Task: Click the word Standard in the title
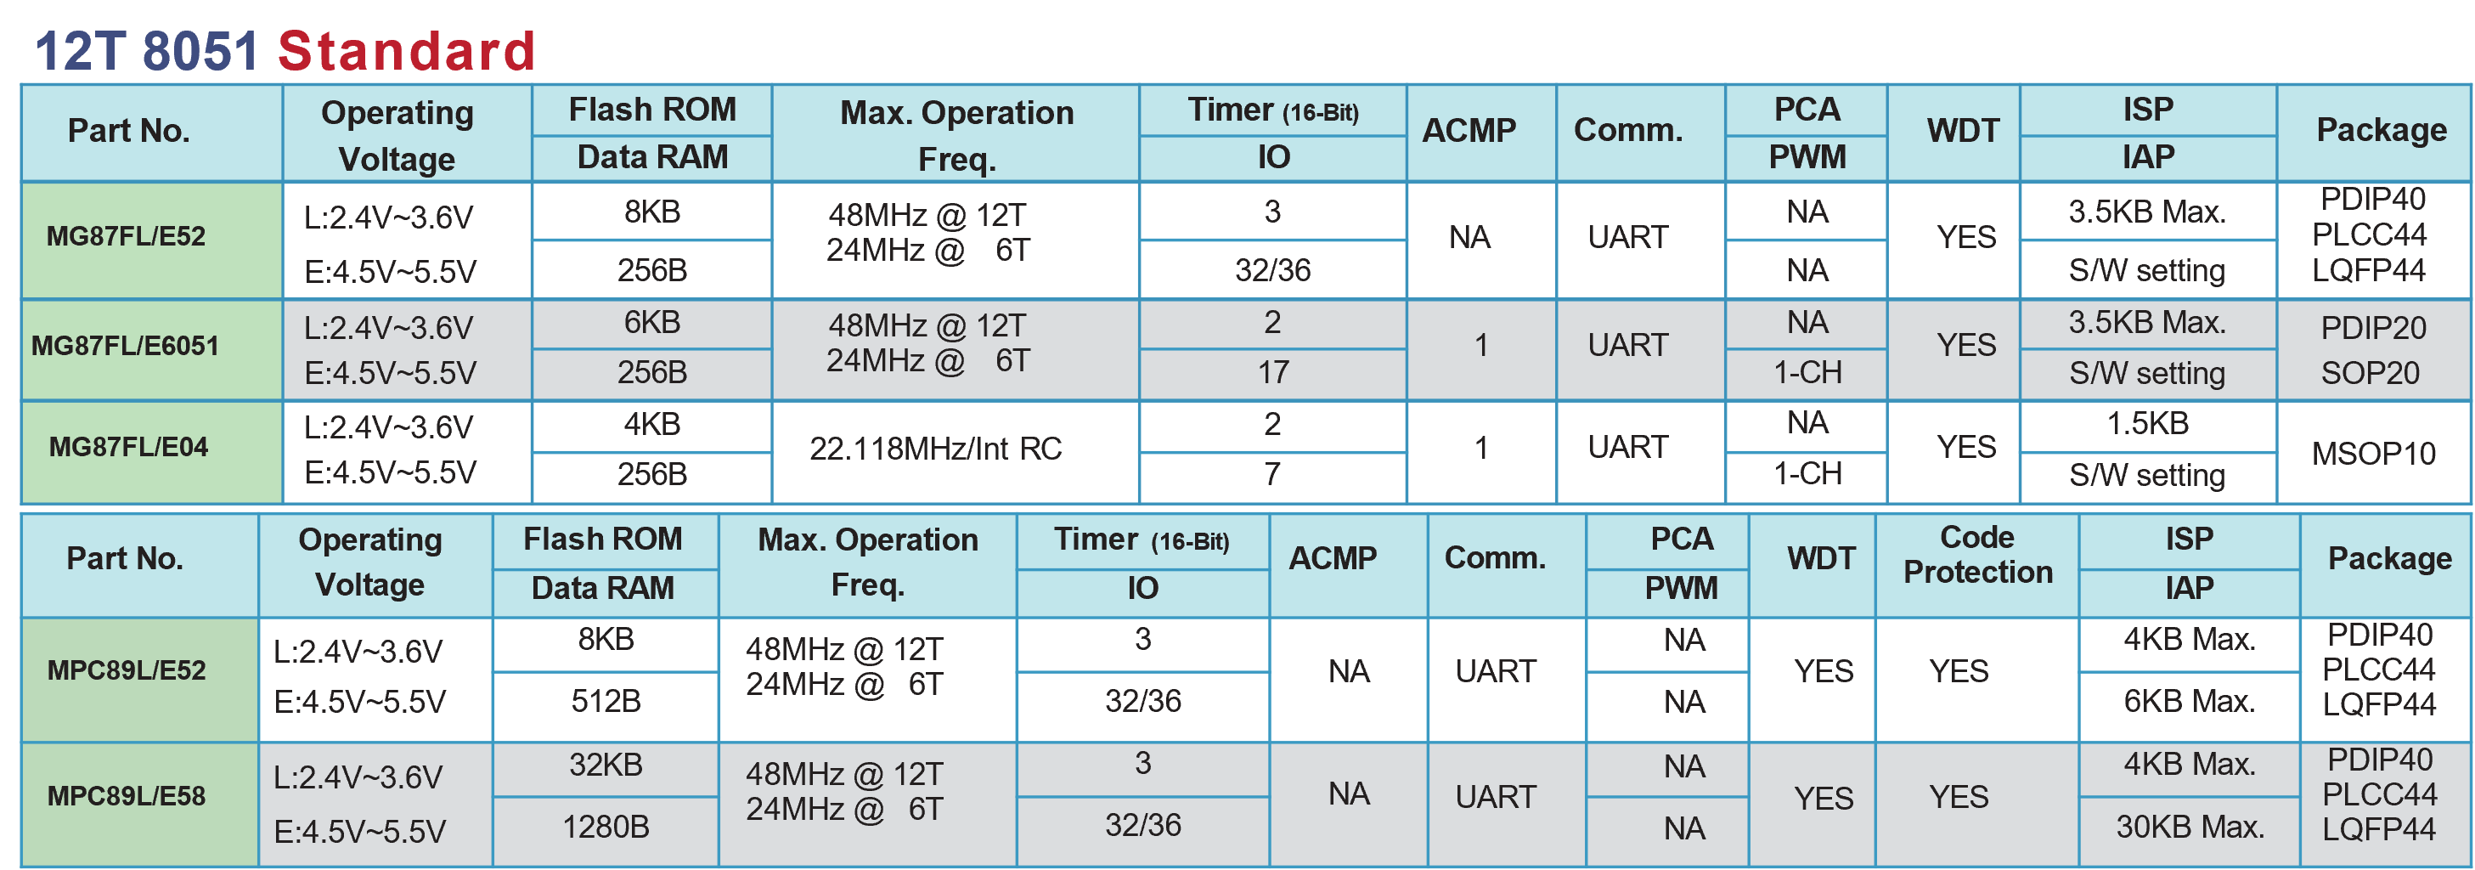(x=407, y=51)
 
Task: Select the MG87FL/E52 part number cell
(x=152, y=240)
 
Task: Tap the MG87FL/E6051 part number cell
(x=152, y=350)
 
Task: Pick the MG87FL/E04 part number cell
(x=152, y=452)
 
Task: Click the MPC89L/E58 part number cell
(x=139, y=804)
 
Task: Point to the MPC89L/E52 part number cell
(x=139, y=679)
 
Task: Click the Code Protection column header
(x=1977, y=565)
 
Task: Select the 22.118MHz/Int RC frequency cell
(x=955, y=452)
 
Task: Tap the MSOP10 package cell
(x=2373, y=452)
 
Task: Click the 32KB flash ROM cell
(x=606, y=768)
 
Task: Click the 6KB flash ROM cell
(x=651, y=323)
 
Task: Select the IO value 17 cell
(x=1272, y=374)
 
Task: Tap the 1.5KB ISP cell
(x=2147, y=425)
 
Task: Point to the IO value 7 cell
(x=1272, y=477)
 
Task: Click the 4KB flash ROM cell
(x=651, y=426)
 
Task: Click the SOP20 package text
(x=2371, y=373)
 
